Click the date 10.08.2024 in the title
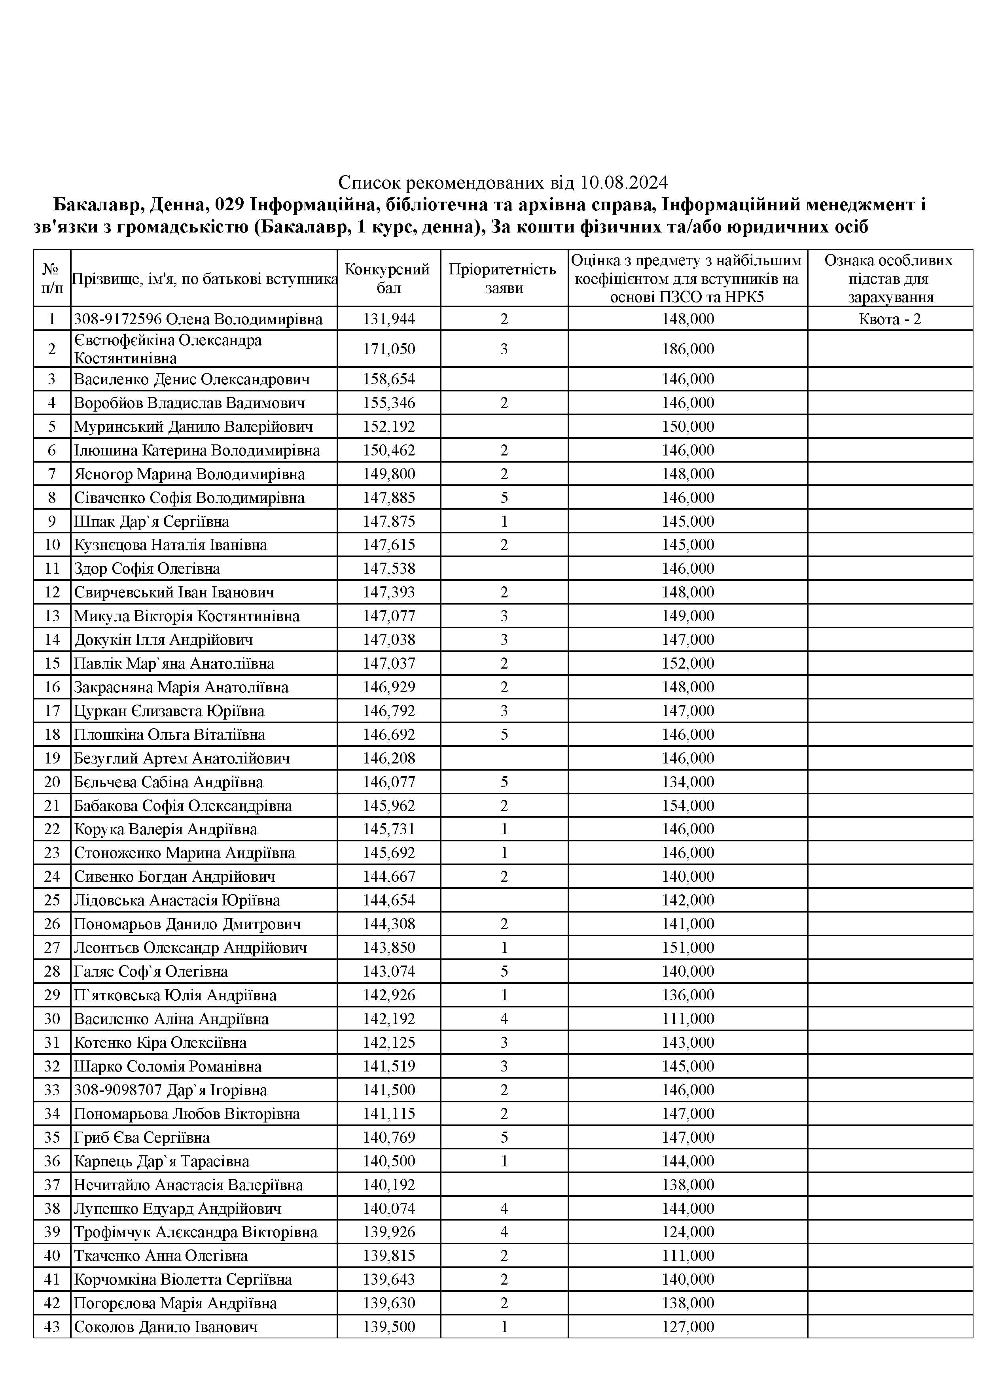(x=624, y=182)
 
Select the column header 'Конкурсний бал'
(x=388, y=278)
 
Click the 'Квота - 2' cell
(x=889, y=319)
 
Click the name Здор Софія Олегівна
(x=147, y=569)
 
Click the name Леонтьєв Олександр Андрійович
(x=190, y=948)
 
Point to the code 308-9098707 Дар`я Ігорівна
(x=170, y=1090)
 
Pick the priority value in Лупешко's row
(x=504, y=1209)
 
